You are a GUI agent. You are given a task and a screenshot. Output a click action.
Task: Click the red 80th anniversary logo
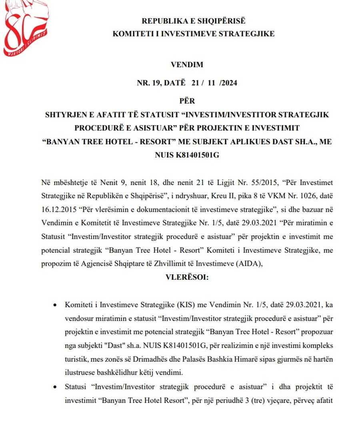click(x=25, y=28)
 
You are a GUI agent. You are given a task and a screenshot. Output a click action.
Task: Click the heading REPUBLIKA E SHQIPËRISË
click(x=194, y=21)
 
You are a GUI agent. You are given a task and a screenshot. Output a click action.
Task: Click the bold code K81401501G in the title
click(x=198, y=155)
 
